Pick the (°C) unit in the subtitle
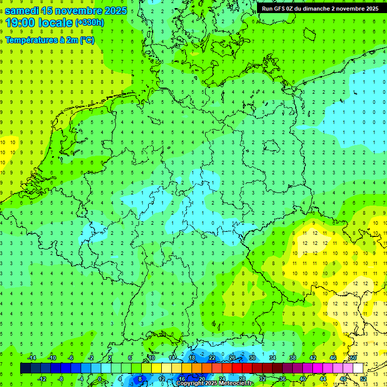pyautogui.click(x=87, y=40)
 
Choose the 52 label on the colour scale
pyautogui.click(x=363, y=379)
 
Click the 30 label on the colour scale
pyautogui.click(x=252, y=358)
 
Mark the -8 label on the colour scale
pyautogui.click(x=60, y=379)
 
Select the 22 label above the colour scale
pyautogui.click(x=212, y=358)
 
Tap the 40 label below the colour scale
pyautogui.click(x=302, y=379)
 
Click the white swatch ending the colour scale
pyautogui.click(x=358, y=368)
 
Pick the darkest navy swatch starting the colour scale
pyautogui.click(x=25, y=368)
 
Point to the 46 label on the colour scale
pyautogui.click(x=333, y=358)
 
